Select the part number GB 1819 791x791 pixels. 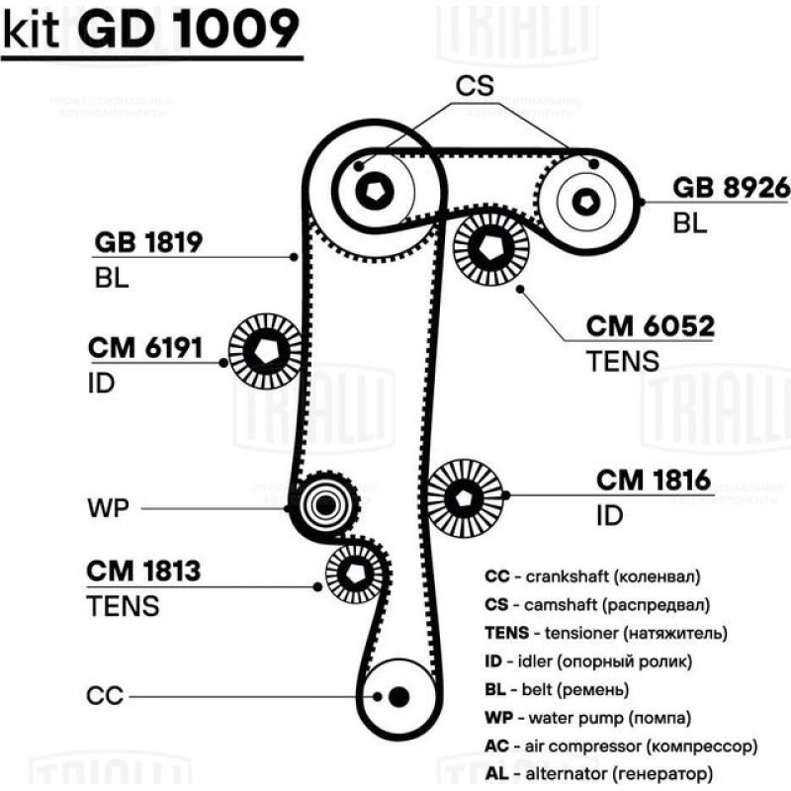(x=148, y=242)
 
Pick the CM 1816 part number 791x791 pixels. (x=654, y=481)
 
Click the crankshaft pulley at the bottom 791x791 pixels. (x=397, y=696)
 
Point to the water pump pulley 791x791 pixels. (x=323, y=506)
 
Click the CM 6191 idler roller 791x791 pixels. (x=265, y=350)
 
